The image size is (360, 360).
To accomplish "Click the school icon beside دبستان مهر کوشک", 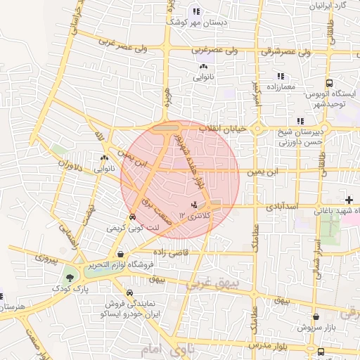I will [x=196, y=11].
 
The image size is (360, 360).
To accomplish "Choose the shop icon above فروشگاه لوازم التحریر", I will [x=122, y=255].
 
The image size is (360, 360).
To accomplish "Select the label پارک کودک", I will [x=69, y=289].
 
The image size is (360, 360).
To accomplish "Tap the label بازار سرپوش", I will [x=316, y=328].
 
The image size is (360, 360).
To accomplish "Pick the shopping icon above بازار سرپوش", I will [x=316, y=317].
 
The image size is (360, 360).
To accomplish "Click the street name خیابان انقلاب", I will [x=221, y=129].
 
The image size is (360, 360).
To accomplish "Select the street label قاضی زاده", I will [x=167, y=251].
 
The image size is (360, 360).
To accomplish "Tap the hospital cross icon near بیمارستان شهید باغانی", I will [x=349, y=200].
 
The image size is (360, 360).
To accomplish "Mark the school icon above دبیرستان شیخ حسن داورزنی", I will [x=300, y=121].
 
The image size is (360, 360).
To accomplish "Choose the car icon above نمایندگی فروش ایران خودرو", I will [x=129, y=292].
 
